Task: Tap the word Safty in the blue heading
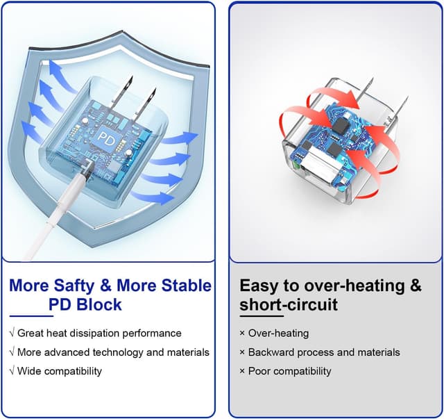point(74,286)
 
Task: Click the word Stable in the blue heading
point(187,285)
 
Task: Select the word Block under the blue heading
point(99,304)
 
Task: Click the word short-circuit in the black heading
point(289,304)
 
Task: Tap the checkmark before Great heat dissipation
point(12,332)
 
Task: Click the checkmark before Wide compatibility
point(12,370)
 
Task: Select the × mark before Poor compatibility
point(242,371)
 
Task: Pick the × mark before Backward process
point(242,352)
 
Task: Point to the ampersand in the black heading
point(416,285)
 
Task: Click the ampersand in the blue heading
point(106,285)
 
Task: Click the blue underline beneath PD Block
point(31,315)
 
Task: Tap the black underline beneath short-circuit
point(262,315)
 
